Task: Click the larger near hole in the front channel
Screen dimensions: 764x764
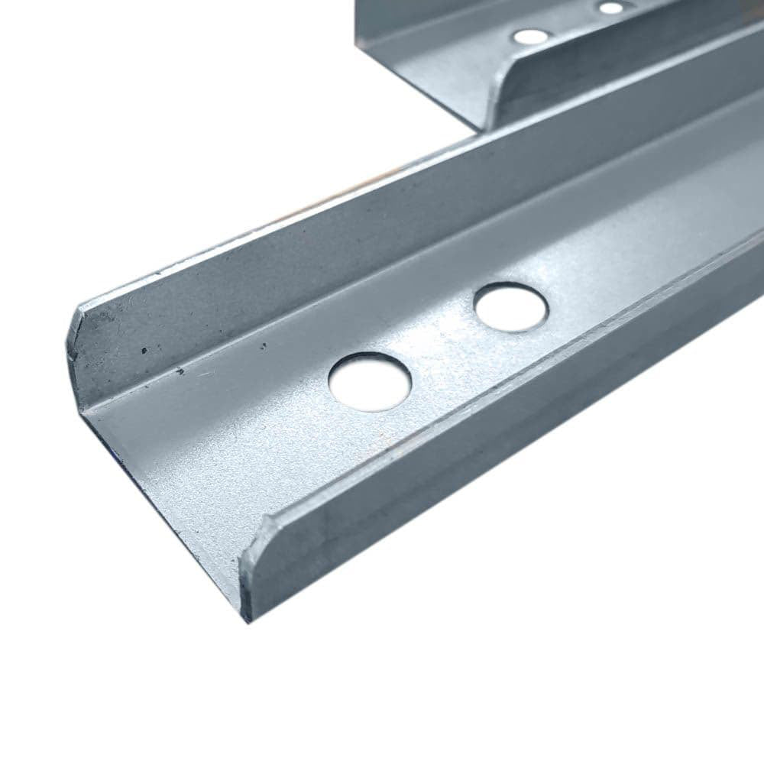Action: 370,381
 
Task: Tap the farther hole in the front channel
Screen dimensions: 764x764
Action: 510,307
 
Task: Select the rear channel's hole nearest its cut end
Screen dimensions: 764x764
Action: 530,36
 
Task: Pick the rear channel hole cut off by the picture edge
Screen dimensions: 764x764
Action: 612,7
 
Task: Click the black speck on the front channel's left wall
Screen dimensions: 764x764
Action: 144,350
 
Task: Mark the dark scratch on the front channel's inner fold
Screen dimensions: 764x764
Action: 180,372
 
